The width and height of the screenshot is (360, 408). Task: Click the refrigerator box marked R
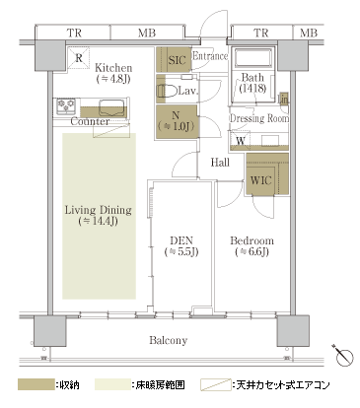click(79, 58)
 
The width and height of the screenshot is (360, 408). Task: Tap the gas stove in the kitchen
click(66, 105)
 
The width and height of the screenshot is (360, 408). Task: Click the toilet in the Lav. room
click(168, 91)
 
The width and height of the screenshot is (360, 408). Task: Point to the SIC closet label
click(177, 60)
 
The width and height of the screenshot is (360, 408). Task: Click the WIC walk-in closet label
click(260, 180)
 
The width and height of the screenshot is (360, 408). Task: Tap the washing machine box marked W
click(241, 140)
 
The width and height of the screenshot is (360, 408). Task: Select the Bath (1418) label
click(252, 83)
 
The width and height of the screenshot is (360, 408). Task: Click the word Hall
click(220, 162)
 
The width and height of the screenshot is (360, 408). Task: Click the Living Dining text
click(98, 210)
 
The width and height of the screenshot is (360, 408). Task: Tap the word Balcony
click(169, 340)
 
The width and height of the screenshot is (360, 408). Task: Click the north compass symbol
click(343, 355)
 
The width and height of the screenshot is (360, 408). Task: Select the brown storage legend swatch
click(36, 384)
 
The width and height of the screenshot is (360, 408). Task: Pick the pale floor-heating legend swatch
click(112, 384)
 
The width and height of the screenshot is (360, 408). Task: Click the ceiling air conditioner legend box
click(216, 384)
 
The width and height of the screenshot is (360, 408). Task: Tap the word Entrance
click(210, 56)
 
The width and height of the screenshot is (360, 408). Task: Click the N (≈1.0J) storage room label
click(176, 121)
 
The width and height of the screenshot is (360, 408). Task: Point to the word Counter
click(90, 121)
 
